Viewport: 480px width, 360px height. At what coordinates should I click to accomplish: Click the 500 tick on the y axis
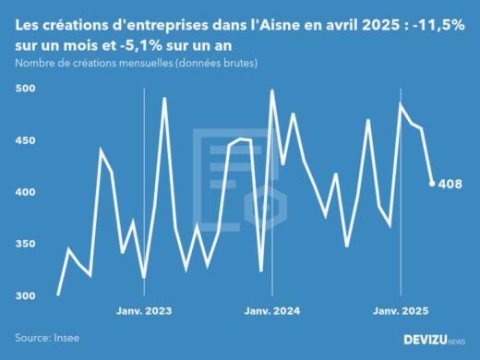25,89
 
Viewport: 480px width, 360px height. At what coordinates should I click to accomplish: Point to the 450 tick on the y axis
25,140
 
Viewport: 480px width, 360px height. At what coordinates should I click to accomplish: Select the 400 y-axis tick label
25,192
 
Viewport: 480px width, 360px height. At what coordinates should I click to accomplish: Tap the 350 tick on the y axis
25,244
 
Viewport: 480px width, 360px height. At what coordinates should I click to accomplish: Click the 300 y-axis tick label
25,295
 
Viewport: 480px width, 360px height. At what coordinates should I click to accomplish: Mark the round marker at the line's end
432,183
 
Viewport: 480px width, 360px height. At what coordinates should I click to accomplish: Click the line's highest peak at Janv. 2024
272,90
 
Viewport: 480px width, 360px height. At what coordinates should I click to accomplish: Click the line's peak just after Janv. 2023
164,98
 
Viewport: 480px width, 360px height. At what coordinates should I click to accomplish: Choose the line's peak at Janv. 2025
401,104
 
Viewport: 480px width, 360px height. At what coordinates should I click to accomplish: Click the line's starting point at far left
58,294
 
